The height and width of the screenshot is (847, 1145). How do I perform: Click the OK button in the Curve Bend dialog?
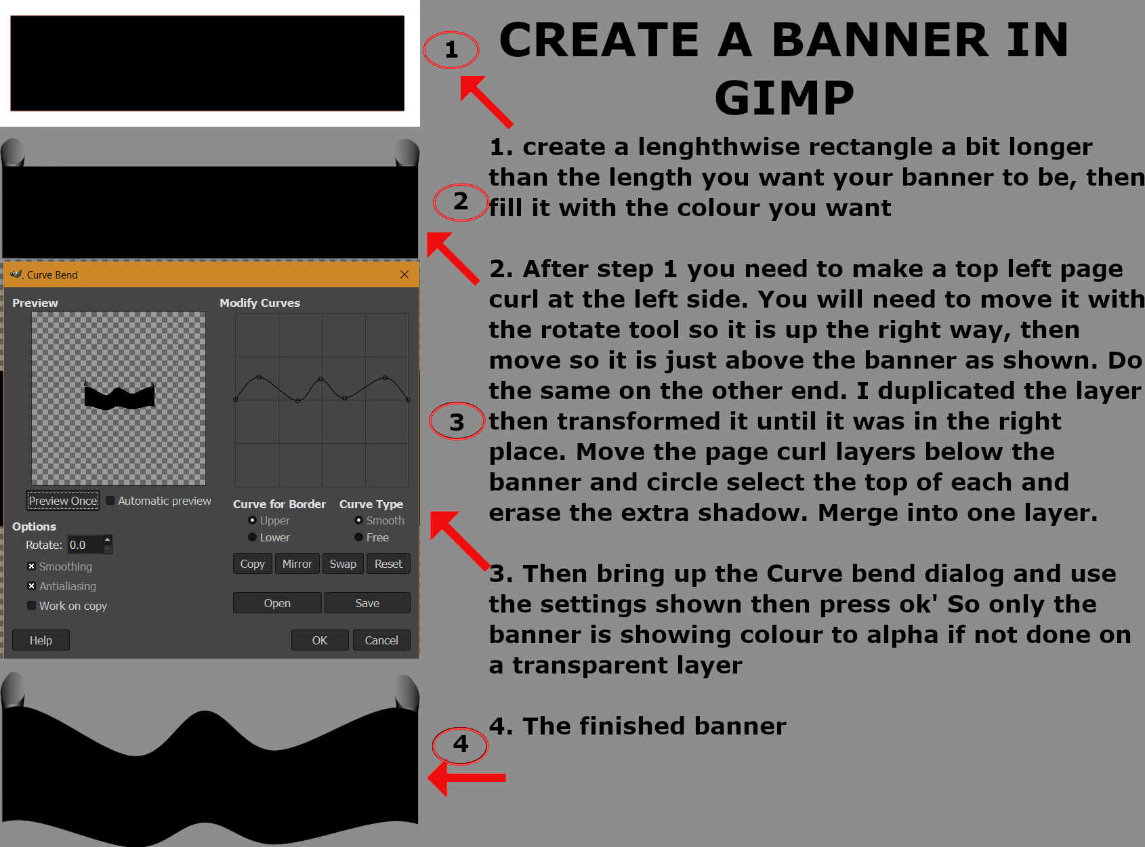pyautogui.click(x=320, y=640)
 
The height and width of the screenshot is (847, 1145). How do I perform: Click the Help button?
pyautogui.click(x=41, y=640)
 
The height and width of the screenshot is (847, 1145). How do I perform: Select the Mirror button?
pyautogui.click(x=297, y=564)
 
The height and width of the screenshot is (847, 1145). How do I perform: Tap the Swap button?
pyautogui.click(x=343, y=564)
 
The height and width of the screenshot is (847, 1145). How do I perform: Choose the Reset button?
pyautogui.click(x=388, y=564)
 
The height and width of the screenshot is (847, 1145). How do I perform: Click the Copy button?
pyautogui.click(x=253, y=564)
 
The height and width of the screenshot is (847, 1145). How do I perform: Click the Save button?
pyautogui.click(x=367, y=603)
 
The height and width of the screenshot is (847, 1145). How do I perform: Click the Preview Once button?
pyautogui.click(x=63, y=501)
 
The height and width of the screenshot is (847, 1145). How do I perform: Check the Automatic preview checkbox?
pyautogui.click(x=110, y=501)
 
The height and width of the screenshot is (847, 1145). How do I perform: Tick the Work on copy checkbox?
pyautogui.click(x=32, y=606)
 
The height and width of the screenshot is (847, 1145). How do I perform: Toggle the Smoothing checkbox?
pyautogui.click(x=32, y=566)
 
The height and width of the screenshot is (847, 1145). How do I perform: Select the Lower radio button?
pyautogui.click(x=253, y=537)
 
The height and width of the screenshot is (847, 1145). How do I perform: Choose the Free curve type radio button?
pyautogui.click(x=359, y=537)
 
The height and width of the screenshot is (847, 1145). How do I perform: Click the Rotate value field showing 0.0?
pyautogui.click(x=85, y=545)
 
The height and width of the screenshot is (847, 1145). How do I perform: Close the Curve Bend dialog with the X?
pyautogui.click(x=404, y=274)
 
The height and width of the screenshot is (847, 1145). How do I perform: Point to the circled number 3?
pyautogui.click(x=457, y=421)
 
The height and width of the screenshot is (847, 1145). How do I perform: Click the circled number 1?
pyautogui.click(x=451, y=49)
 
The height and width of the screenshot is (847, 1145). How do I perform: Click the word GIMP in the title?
pyautogui.click(x=785, y=98)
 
